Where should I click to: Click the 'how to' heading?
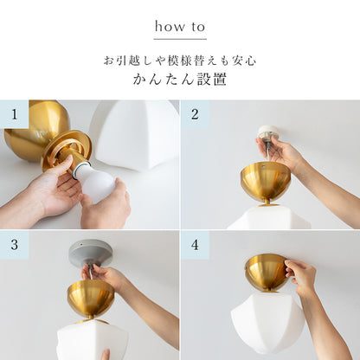click(180, 27)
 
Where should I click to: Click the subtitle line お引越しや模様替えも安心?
click(180, 61)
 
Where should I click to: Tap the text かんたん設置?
click(180, 80)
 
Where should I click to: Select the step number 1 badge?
click(14, 113)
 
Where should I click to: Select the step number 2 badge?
click(195, 113)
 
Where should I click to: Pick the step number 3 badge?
click(14, 245)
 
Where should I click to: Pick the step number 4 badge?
click(195, 245)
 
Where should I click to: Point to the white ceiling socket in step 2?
click(268, 133)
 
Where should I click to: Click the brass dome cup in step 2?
click(265, 182)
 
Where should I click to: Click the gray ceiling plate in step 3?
click(91, 253)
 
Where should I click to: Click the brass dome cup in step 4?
click(267, 273)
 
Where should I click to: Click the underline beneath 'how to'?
click(180, 39)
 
